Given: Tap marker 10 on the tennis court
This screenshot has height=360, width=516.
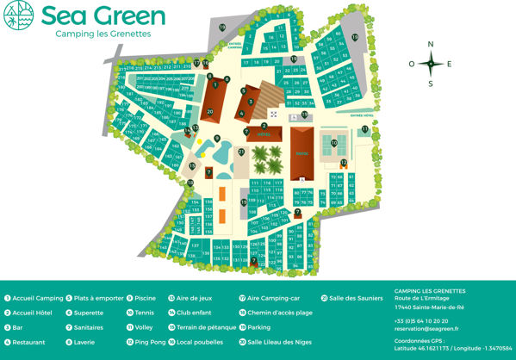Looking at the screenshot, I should click(333, 145).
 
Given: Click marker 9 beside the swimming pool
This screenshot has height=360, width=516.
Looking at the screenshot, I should click(217, 139).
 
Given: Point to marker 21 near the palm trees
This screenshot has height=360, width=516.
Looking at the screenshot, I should click(242, 152).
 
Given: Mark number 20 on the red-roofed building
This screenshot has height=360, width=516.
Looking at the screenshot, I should click(210, 112).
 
